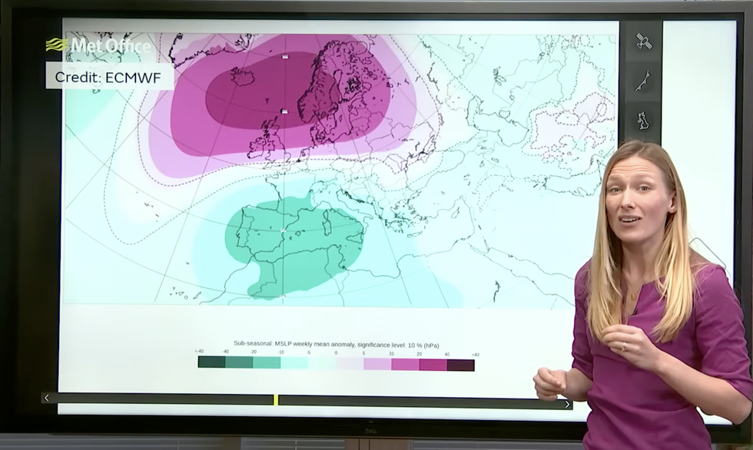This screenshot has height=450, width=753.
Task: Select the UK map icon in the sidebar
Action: click(x=643, y=121)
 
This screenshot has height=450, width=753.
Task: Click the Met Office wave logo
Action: click(x=56, y=45)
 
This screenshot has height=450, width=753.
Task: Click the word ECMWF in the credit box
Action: click(x=141, y=77)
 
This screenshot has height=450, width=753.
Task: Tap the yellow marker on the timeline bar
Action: click(x=276, y=400)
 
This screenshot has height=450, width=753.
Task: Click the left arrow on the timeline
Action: click(x=47, y=398)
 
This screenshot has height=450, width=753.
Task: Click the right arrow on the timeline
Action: click(x=568, y=404)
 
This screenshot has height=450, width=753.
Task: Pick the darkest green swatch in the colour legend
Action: click(x=211, y=362)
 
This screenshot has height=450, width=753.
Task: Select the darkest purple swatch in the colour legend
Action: click(x=461, y=365)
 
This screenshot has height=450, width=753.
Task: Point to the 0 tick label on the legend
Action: click(x=336, y=352)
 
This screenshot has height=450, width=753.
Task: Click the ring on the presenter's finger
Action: click(x=623, y=346)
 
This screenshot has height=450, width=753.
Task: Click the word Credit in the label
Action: click(x=78, y=77)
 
